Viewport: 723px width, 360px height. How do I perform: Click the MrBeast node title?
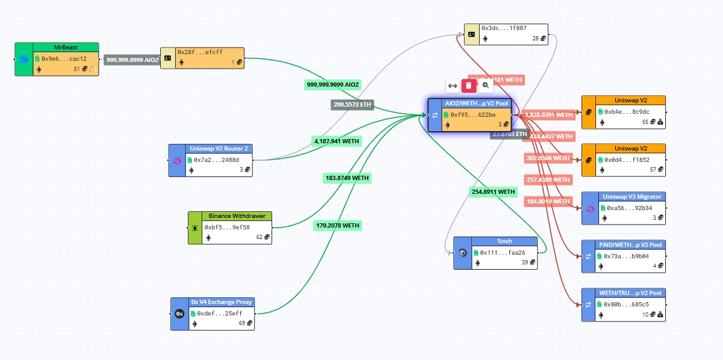(x=66, y=47)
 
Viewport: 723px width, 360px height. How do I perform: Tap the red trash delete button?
(x=469, y=85)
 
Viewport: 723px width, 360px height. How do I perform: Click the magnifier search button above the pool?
(x=485, y=85)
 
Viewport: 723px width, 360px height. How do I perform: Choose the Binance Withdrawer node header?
(x=237, y=216)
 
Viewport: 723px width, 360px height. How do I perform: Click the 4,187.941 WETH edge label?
(x=337, y=141)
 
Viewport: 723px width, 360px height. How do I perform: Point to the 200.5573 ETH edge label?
(x=352, y=105)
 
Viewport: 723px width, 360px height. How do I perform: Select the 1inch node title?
(x=504, y=241)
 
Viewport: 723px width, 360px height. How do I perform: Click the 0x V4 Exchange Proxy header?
(x=222, y=302)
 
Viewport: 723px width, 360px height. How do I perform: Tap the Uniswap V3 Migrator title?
(x=632, y=196)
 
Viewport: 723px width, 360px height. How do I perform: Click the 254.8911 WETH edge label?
(x=493, y=192)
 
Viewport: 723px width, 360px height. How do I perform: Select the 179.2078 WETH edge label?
(x=337, y=226)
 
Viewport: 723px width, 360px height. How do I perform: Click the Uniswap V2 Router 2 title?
(x=219, y=148)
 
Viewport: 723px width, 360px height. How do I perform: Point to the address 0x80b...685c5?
(x=626, y=304)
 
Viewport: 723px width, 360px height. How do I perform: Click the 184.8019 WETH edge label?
(x=548, y=201)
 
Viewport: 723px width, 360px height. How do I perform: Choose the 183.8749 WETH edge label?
(x=346, y=178)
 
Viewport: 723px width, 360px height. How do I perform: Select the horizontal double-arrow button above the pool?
(x=453, y=85)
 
